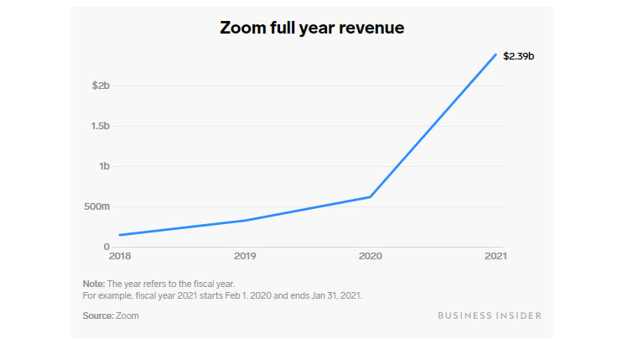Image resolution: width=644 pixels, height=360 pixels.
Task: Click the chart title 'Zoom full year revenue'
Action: pyautogui.click(x=311, y=28)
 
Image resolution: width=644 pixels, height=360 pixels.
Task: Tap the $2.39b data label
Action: pyautogui.click(x=518, y=56)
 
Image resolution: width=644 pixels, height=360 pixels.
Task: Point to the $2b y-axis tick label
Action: pyautogui.click(x=100, y=86)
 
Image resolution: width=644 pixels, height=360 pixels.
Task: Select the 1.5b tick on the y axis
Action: pyautogui.click(x=100, y=126)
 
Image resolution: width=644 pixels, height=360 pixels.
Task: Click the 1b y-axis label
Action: pyautogui.click(x=104, y=166)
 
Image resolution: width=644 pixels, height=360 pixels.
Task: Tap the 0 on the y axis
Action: pyautogui.click(x=106, y=247)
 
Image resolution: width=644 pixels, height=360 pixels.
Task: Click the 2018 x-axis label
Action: pyautogui.click(x=121, y=256)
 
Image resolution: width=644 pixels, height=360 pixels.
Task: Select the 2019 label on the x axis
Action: pyautogui.click(x=245, y=256)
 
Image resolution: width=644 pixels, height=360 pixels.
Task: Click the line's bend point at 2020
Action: pyautogui.click(x=370, y=197)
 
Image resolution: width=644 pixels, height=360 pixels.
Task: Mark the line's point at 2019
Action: pyautogui.click(x=245, y=221)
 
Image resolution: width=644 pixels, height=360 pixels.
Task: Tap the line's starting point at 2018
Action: pyautogui.click(x=121, y=235)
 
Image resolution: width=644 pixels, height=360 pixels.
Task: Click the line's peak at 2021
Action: pyautogui.click(x=496, y=55)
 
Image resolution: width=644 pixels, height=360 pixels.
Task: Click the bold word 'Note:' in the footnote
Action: pyautogui.click(x=94, y=284)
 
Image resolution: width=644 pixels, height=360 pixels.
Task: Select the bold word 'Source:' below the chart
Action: pyautogui.click(x=99, y=316)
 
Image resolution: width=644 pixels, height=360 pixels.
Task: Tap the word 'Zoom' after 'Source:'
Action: pyautogui.click(x=127, y=316)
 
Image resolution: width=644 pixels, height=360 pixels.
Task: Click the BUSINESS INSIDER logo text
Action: pyautogui.click(x=490, y=316)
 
